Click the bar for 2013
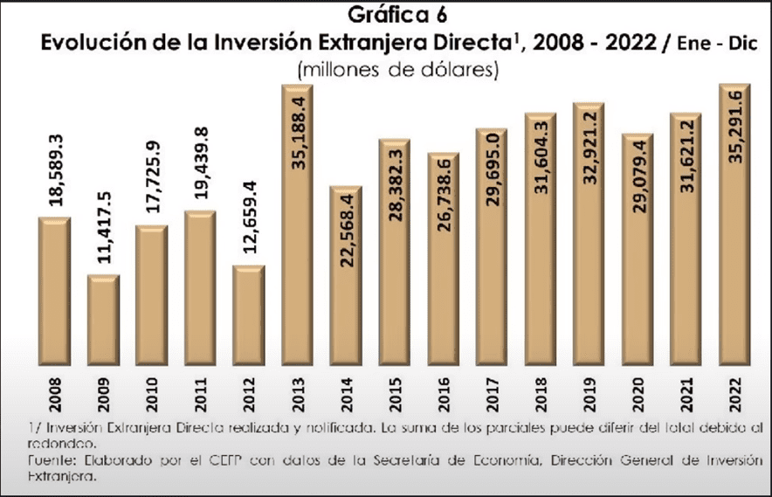(297, 227)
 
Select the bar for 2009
(103, 321)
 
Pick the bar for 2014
(347, 277)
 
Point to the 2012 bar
(249, 315)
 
